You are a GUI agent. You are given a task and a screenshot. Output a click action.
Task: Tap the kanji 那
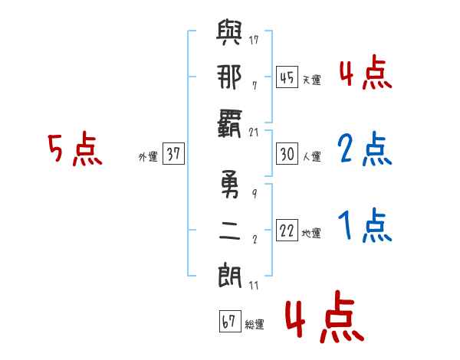[229, 77]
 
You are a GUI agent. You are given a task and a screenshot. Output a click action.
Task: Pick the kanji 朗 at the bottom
[229, 273]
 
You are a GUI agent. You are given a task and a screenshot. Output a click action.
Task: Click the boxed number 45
[287, 78]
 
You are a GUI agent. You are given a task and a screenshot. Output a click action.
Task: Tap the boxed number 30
[287, 155]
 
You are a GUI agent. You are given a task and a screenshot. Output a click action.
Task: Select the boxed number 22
[287, 231]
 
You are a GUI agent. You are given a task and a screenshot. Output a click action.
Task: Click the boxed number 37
[173, 155]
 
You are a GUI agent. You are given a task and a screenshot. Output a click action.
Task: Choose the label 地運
[311, 233]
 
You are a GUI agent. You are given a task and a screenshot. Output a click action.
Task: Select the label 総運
[255, 324]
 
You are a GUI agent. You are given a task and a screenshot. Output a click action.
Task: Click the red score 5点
[74, 151]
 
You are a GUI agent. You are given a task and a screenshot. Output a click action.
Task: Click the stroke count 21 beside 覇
[255, 132]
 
